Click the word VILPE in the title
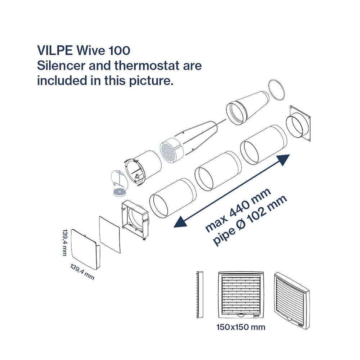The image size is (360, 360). tap(55, 50)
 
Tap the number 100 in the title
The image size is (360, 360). tap(120, 50)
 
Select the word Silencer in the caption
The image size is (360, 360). tap(61, 66)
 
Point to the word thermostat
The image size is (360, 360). tap(147, 66)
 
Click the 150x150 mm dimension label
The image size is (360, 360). tap(241, 327)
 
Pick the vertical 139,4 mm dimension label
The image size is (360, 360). tap(65, 242)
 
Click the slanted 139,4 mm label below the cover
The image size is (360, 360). tap(82, 272)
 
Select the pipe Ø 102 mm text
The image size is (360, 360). tap(250, 220)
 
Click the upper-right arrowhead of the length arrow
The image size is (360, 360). tap(284, 159)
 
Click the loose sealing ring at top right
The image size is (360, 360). tap(276, 90)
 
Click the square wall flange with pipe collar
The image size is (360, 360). tap(298, 124)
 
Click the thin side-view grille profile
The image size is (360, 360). tap(200, 295)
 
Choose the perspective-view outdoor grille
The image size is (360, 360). tap(292, 301)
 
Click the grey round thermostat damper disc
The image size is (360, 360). tap(120, 192)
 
